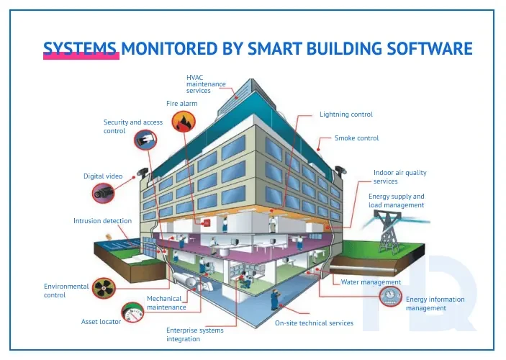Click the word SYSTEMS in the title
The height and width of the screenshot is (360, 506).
coord(80,48)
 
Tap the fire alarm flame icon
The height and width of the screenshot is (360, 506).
coord(184,122)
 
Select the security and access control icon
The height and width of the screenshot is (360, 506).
coord(145,140)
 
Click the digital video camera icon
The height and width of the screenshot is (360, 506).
coord(103,193)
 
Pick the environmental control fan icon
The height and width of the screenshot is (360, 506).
coord(104,288)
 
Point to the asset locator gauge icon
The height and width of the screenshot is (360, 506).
coord(132,312)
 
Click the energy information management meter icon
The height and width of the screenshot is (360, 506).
coord(391,297)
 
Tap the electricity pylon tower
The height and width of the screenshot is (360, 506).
coord(387,233)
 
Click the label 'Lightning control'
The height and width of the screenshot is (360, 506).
coord(346,114)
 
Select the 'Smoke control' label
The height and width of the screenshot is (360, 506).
coord(356,138)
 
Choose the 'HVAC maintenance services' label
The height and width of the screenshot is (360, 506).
coord(206,84)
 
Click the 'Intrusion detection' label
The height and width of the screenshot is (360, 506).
coord(103,221)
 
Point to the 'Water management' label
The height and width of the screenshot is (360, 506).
coord(371,282)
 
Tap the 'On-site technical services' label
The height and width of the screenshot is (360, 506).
coord(314,323)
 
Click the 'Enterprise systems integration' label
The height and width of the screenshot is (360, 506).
coord(195,335)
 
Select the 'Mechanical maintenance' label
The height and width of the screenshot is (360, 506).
coord(166,303)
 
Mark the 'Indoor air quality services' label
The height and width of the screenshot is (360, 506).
coord(399,177)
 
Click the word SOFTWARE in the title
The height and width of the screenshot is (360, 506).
coord(430,48)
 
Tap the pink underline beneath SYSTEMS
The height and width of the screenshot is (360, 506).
coord(81,56)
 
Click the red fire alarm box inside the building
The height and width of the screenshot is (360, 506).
coord(206,222)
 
